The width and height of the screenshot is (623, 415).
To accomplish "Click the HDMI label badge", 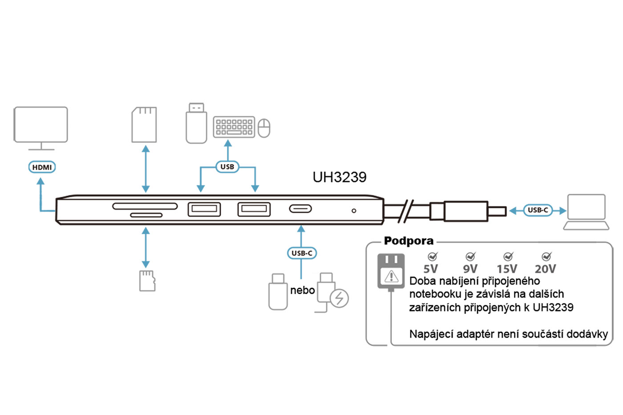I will (42, 167).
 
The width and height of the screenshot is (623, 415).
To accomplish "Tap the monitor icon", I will (41, 126).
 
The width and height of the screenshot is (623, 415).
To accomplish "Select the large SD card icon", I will (144, 125).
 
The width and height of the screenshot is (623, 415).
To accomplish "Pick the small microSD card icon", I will (147, 281).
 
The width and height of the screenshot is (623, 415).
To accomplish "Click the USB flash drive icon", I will (196, 124).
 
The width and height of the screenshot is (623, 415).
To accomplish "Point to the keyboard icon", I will (234, 127).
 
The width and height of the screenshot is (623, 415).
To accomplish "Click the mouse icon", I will (264, 128).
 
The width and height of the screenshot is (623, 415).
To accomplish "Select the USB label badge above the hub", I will (227, 167).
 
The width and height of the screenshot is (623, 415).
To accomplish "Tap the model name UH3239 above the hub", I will (340, 177).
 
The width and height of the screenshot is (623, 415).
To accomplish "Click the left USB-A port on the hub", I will (204, 209).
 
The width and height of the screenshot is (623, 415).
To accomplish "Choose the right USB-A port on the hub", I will (254, 209).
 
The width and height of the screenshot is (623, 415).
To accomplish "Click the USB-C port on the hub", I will (301, 208).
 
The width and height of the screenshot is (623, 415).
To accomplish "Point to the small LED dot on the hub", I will (354, 211).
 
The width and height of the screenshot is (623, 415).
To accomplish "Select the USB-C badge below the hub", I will (302, 253).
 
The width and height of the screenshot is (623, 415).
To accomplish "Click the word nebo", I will (303, 291).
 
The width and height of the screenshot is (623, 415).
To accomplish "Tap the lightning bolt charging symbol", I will (340, 298).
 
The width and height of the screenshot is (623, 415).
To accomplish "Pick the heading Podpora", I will (409, 241).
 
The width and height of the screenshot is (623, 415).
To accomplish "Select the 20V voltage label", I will (546, 269).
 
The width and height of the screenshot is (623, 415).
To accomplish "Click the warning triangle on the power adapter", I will (391, 276).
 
